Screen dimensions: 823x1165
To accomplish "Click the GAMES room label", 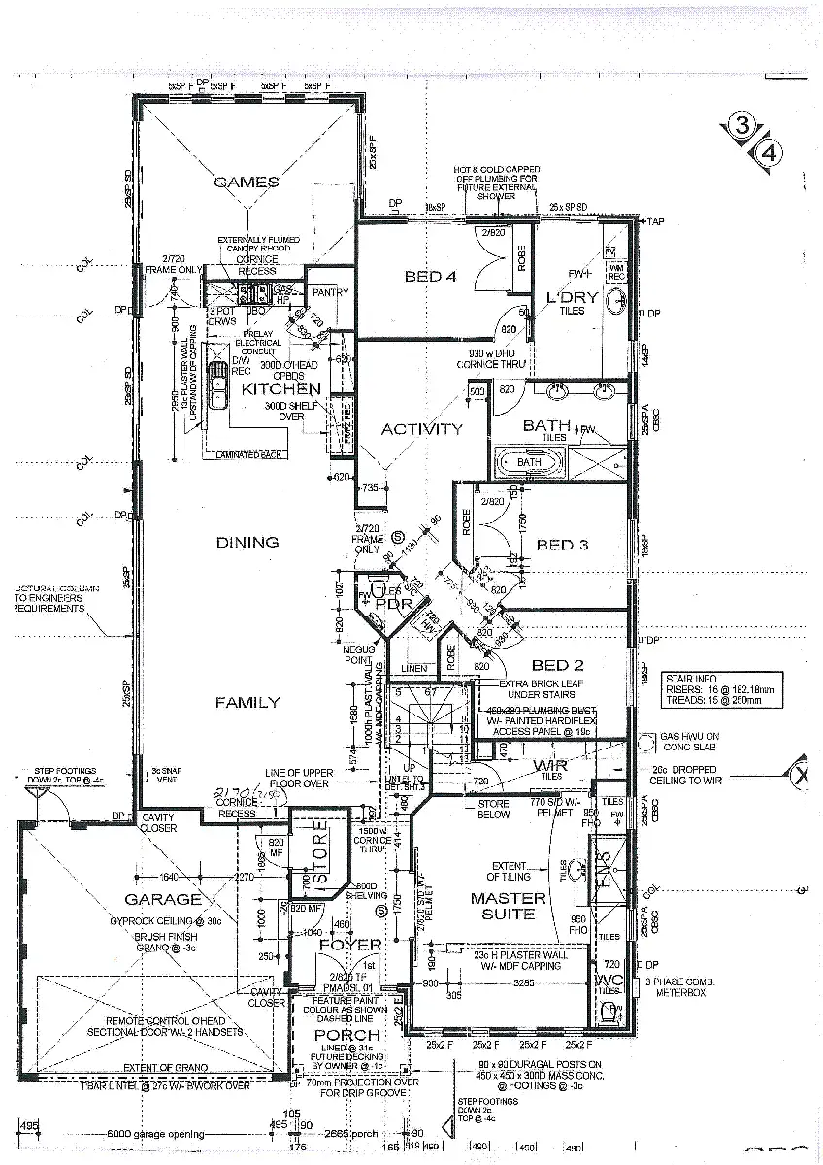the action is [246, 182].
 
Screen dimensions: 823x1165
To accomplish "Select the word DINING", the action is [247, 542].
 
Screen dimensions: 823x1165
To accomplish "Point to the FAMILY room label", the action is [247, 702].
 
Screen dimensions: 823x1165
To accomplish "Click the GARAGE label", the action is [163, 899].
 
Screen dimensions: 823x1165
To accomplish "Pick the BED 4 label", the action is [430, 277].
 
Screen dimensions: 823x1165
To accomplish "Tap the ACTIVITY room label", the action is [421, 429].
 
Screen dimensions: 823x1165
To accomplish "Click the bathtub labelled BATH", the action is [529, 462].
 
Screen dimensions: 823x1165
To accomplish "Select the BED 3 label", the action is [562, 545].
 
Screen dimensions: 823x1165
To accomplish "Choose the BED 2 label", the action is [557, 665].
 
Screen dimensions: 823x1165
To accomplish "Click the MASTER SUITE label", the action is [509, 906].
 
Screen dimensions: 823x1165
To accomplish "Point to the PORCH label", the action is [346, 1035].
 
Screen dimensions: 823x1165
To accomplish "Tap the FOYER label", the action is [350, 944].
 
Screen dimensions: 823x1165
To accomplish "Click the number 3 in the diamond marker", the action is [742, 125].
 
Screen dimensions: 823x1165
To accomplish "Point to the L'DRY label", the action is [566, 296].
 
